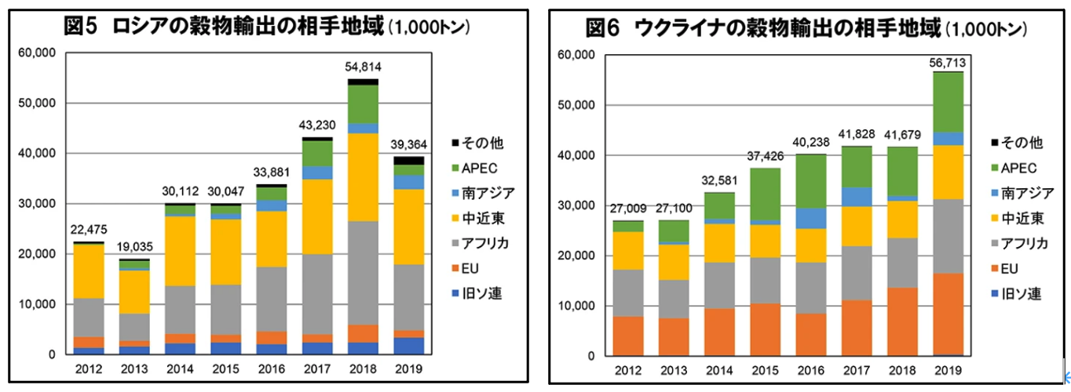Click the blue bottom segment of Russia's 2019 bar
pyautogui.click(x=408, y=346)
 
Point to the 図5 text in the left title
pyautogui.click(x=80, y=26)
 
